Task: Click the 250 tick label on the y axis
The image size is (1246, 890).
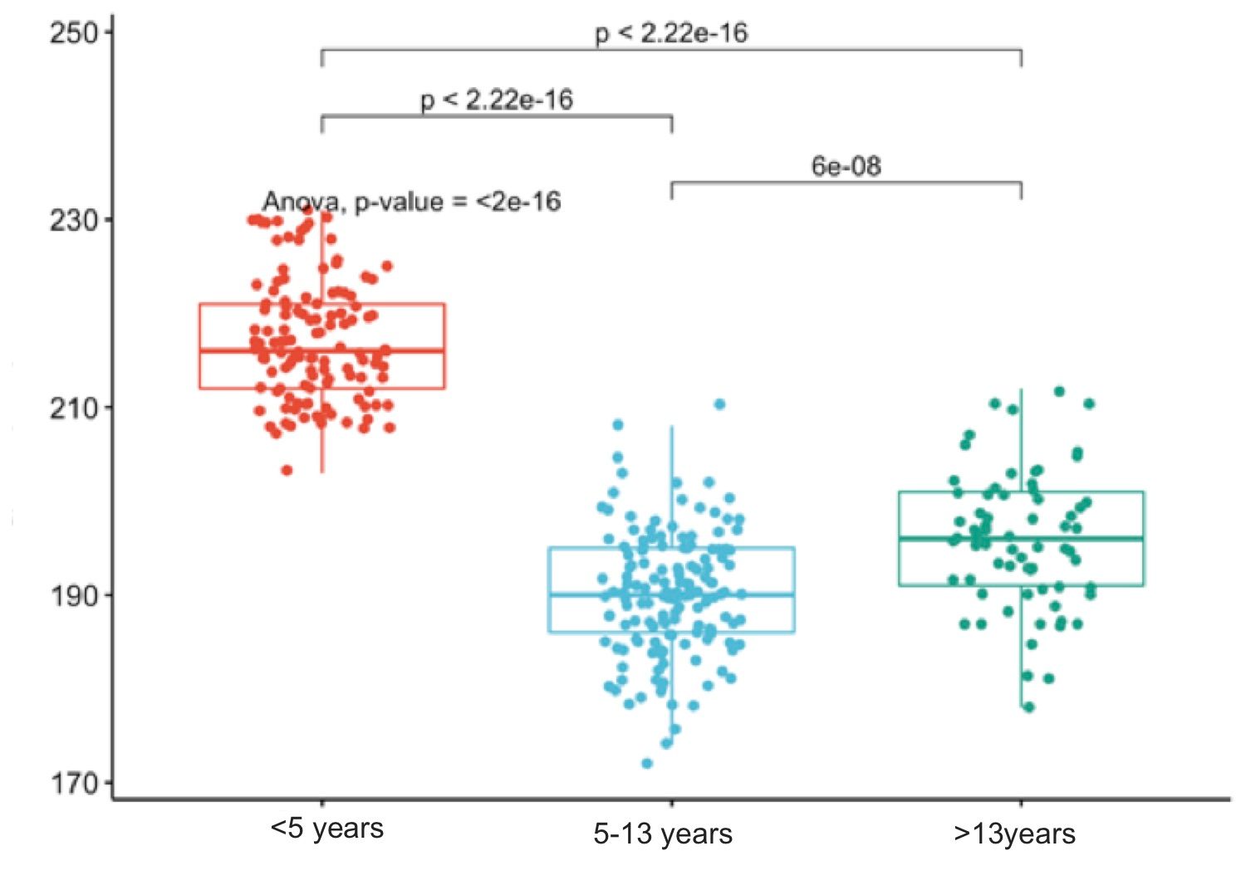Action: tap(73, 33)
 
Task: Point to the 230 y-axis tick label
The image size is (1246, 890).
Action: tap(73, 221)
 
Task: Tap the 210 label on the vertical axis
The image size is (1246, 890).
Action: tap(73, 408)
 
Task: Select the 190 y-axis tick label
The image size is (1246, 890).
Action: tap(73, 596)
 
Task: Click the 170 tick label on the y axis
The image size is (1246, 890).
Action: tap(73, 784)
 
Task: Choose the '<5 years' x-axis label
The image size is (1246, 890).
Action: tap(326, 829)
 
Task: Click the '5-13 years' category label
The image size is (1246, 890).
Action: tap(663, 834)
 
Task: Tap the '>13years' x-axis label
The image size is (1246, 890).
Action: tap(1014, 834)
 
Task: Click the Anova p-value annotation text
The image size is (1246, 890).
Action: tap(412, 202)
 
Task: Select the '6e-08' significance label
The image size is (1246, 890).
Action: tap(846, 166)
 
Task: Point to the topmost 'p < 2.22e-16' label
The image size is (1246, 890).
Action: tap(671, 33)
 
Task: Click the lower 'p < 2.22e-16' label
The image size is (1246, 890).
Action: tap(497, 100)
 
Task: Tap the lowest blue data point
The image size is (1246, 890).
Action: tap(647, 763)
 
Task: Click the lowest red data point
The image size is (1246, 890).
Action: tap(287, 470)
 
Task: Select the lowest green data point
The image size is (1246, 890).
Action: tap(1028, 707)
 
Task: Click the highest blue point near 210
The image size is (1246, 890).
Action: tap(719, 404)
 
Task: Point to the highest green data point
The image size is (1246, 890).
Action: tap(1059, 391)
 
